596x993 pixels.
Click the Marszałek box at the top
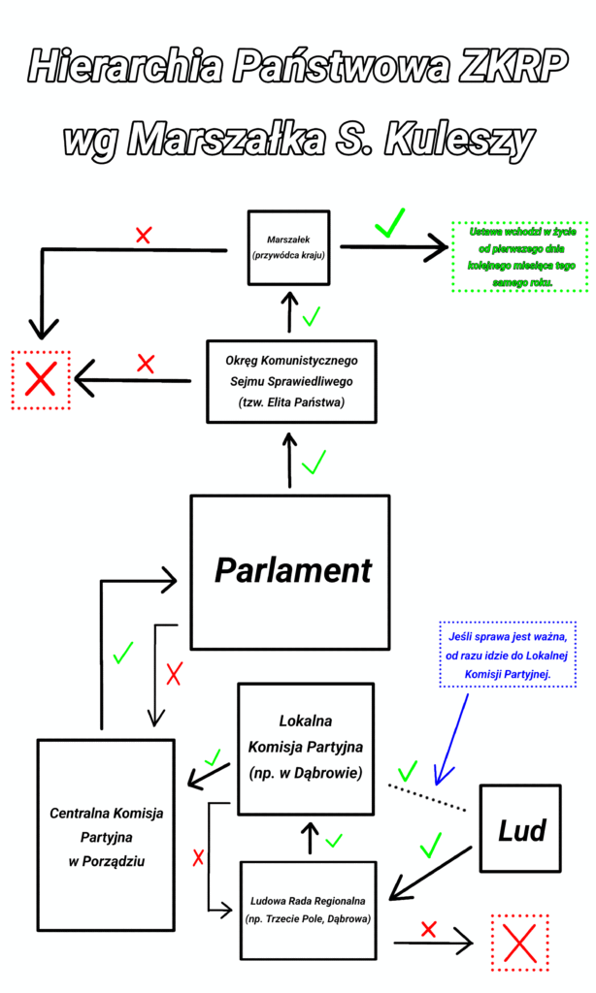coord(288,248)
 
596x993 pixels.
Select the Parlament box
coord(290,571)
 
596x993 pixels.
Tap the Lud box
coord(521,828)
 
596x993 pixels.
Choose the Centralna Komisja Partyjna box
coord(106,835)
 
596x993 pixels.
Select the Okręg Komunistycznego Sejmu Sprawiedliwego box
coord(291,381)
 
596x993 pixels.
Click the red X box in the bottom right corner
coord(520,942)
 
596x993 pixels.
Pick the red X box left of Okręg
coord(40,379)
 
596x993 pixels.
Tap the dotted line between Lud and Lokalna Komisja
coord(427,794)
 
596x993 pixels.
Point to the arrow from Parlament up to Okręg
coord(289,461)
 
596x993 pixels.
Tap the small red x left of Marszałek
coord(144,235)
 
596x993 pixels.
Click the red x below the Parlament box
coord(174,673)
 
